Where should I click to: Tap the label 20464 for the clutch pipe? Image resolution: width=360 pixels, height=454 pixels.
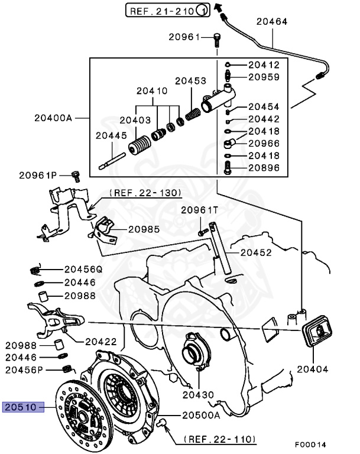271,22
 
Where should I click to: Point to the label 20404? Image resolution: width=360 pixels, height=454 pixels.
312,369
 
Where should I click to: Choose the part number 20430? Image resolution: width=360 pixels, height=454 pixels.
199,394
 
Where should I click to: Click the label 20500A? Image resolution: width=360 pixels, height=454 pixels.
200,414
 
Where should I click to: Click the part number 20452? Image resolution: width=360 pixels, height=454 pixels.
256,252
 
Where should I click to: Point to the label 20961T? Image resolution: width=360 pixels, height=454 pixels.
199,210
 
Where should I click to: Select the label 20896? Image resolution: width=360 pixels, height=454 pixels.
264,167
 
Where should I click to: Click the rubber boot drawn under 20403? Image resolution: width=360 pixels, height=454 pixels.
140,145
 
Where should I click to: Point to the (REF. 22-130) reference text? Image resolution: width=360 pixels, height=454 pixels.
145,193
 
